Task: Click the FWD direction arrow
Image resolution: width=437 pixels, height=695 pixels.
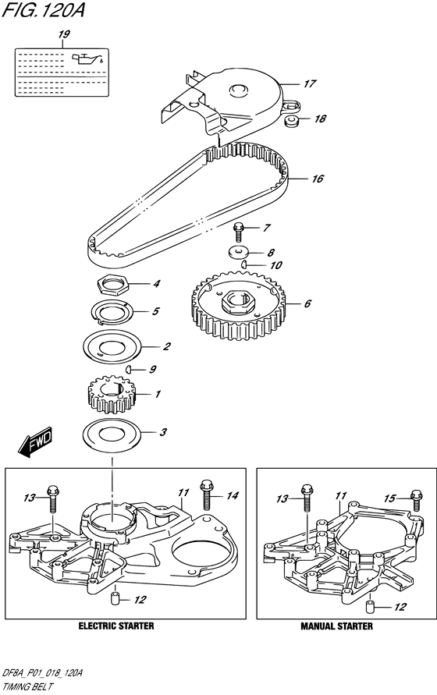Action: (x=35, y=441)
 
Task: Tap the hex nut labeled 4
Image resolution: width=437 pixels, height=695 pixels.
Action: (x=112, y=284)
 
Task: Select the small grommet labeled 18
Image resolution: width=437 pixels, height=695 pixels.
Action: (x=290, y=121)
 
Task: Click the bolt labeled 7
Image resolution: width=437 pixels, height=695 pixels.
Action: (x=239, y=232)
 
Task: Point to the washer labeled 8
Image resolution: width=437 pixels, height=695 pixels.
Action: (x=239, y=253)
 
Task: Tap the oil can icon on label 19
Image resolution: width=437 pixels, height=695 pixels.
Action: (x=88, y=59)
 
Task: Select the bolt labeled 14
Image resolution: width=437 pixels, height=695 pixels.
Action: (x=207, y=495)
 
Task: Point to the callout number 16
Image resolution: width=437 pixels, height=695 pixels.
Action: (x=318, y=179)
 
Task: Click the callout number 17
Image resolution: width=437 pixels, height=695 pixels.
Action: (x=309, y=83)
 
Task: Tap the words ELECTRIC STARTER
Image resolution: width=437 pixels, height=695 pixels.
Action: (x=116, y=626)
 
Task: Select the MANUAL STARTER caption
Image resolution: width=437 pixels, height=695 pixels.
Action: (x=337, y=626)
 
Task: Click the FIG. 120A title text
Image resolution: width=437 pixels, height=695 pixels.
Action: (x=43, y=10)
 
